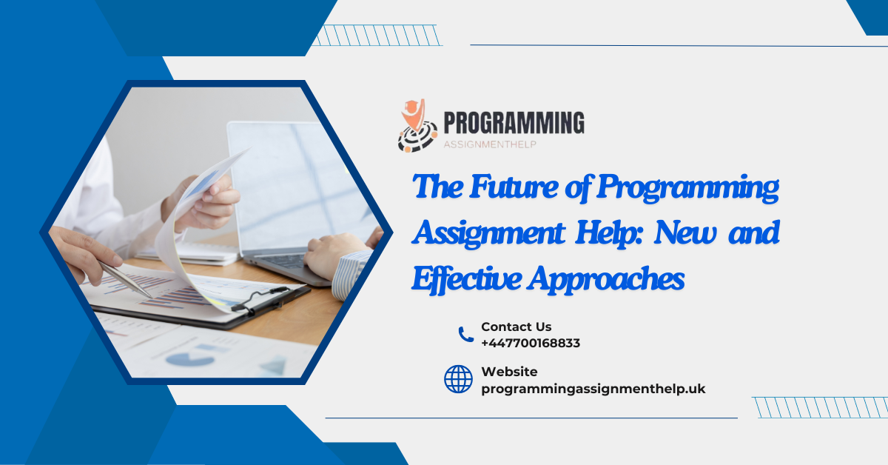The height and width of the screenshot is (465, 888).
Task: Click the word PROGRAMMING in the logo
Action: pos(514,122)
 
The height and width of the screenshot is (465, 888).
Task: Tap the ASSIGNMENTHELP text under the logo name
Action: pos(489,144)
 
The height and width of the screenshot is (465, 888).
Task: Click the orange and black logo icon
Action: pos(417,127)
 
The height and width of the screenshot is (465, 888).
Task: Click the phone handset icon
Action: pos(465,335)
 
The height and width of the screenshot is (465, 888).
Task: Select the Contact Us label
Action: pos(516,327)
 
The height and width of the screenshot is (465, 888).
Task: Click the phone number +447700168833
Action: pos(530,343)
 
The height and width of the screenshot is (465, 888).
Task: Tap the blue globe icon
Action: pos(458,379)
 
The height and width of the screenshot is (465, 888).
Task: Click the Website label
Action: pos(509,372)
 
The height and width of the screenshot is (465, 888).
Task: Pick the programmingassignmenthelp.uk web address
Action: pos(593,389)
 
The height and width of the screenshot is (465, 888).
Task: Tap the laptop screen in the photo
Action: pos(296,178)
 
